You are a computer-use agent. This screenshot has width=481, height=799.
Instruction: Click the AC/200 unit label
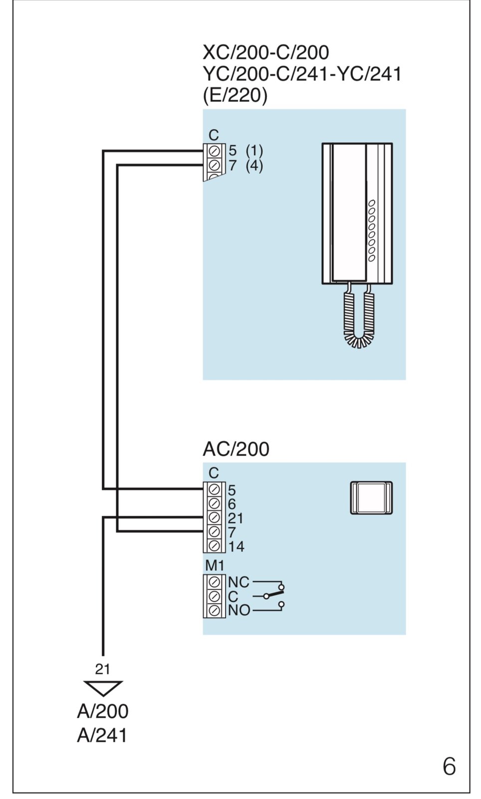click(x=236, y=449)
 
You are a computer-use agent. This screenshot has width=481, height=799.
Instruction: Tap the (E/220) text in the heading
click(x=235, y=95)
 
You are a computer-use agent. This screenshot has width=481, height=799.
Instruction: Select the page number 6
click(x=449, y=767)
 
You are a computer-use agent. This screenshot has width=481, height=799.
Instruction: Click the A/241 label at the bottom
click(x=102, y=735)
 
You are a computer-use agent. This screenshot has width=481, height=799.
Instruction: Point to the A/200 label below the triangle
click(x=102, y=711)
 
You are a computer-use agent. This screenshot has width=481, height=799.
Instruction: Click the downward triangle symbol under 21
click(x=103, y=688)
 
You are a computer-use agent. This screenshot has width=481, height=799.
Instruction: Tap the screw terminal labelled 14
click(x=215, y=546)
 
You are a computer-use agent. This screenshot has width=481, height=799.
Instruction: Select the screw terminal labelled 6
click(x=215, y=503)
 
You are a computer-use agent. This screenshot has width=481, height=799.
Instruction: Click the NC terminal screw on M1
click(x=215, y=582)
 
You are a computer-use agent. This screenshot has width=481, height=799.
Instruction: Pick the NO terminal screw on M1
click(x=215, y=610)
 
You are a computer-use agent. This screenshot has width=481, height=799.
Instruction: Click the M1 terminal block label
click(x=215, y=566)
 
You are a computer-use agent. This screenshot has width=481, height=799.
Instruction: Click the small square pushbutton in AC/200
click(x=371, y=498)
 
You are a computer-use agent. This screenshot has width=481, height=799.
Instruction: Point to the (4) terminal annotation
click(x=254, y=165)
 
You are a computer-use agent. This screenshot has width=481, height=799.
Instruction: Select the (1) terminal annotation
click(x=254, y=150)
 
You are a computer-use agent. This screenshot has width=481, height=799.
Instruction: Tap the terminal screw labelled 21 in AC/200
click(x=215, y=517)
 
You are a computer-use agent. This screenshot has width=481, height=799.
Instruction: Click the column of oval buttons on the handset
click(x=372, y=231)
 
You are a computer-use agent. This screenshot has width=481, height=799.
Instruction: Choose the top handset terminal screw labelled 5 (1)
click(x=215, y=151)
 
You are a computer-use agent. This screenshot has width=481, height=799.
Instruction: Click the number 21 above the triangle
click(x=102, y=669)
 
